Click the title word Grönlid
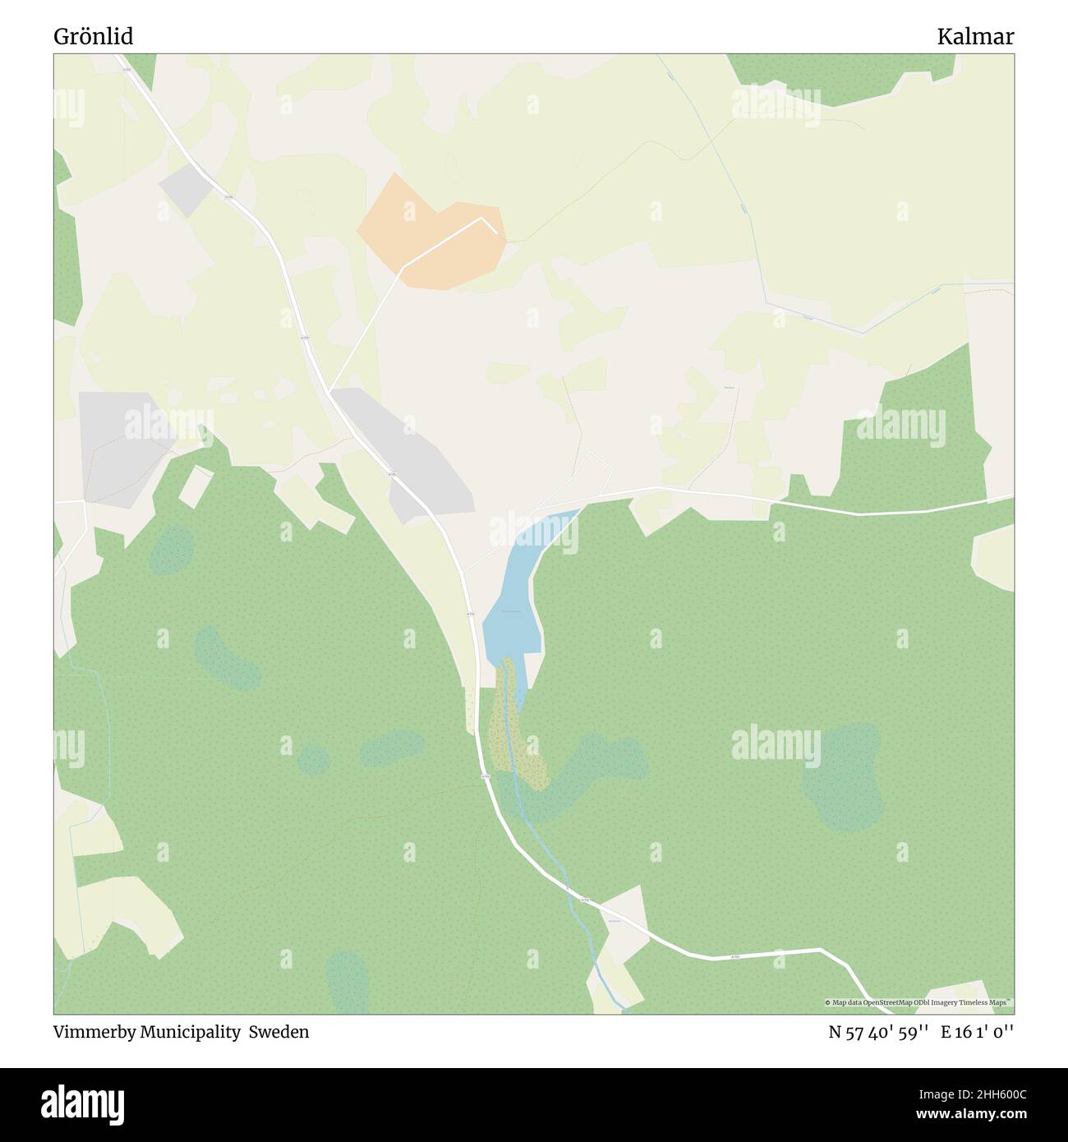94,37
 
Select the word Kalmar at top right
975,37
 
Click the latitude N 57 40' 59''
879,1032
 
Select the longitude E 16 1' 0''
978,1032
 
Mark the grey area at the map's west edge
119,444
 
